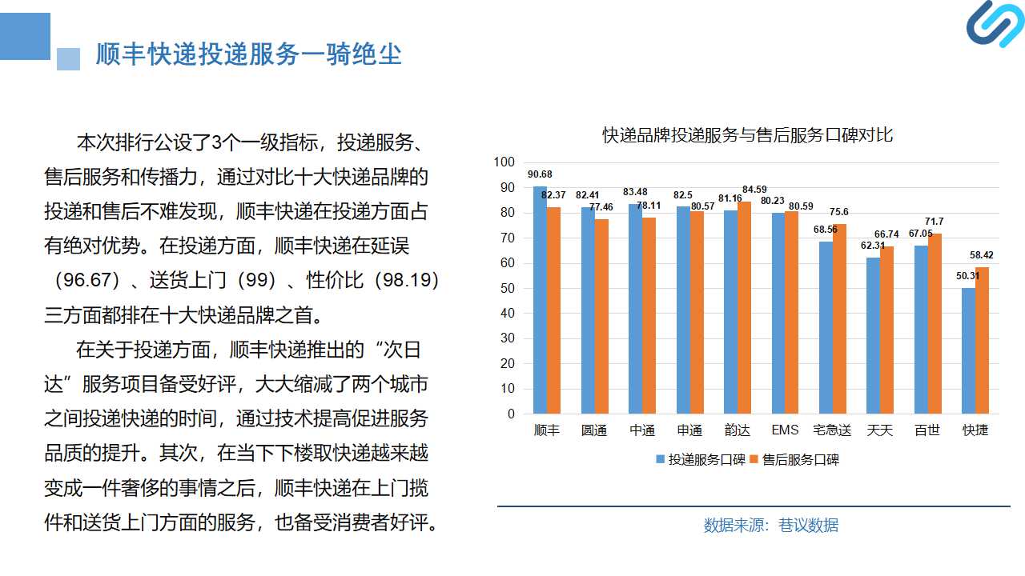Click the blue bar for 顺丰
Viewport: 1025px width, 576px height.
click(540, 300)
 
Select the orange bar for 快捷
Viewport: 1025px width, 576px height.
click(982, 341)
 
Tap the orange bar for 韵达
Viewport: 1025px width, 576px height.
click(744, 308)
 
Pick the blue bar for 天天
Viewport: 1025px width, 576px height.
click(873, 335)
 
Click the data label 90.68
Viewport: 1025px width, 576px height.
click(540, 174)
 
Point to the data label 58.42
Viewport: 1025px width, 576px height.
click(982, 255)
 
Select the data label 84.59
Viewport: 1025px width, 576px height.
click(754, 190)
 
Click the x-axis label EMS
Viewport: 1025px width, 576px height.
click(785, 430)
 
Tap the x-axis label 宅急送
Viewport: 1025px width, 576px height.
click(832, 430)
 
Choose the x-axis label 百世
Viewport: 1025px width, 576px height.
click(927, 430)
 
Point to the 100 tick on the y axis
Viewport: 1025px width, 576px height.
click(504, 162)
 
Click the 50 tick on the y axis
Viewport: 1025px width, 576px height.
click(508, 288)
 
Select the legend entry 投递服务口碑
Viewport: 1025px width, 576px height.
click(701, 459)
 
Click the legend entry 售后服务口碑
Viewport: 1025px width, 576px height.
click(794, 459)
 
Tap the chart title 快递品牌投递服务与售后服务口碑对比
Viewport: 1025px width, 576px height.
click(747, 135)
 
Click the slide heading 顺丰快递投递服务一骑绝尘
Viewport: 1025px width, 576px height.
click(248, 54)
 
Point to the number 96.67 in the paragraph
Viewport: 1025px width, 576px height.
click(87, 280)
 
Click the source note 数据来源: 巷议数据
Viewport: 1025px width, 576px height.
click(771, 526)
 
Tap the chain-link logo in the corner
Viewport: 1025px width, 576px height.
click(995, 24)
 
